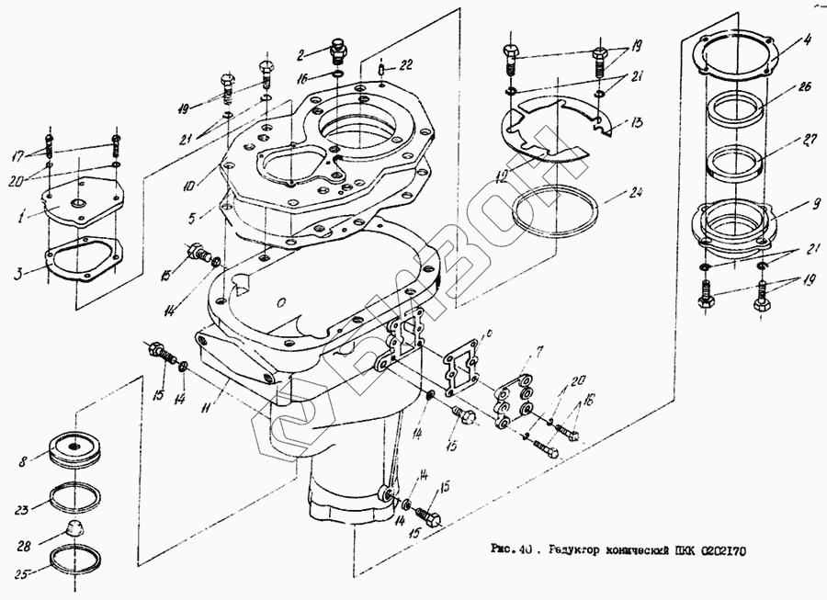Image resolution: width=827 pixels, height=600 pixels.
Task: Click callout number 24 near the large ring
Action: [633, 194]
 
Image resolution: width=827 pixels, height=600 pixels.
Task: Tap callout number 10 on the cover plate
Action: [188, 184]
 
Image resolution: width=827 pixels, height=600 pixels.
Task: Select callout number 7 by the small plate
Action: [539, 350]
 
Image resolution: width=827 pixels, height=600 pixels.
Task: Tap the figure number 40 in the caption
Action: [524, 550]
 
